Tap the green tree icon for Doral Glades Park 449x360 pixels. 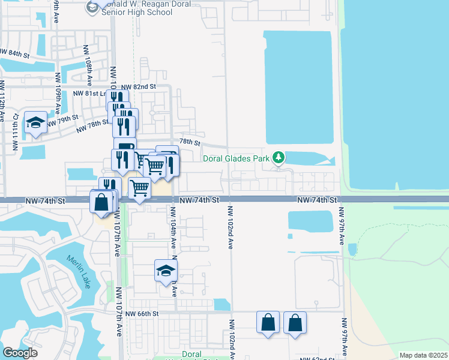pyautogui.click(x=278, y=158)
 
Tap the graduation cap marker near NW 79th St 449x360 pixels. pyautogui.click(x=36, y=124)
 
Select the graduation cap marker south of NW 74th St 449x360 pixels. pyautogui.click(x=166, y=271)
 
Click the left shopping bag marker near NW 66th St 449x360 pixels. pyautogui.click(x=268, y=322)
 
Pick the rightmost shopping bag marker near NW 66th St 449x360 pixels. pyautogui.click(x=295, y=322)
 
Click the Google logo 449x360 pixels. pyautogui.click(x=20, y=353)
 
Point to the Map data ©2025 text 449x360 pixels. pyautogui.click(x=423, y=355)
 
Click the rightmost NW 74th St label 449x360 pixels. pyautogui.click(x=317, y=199)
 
